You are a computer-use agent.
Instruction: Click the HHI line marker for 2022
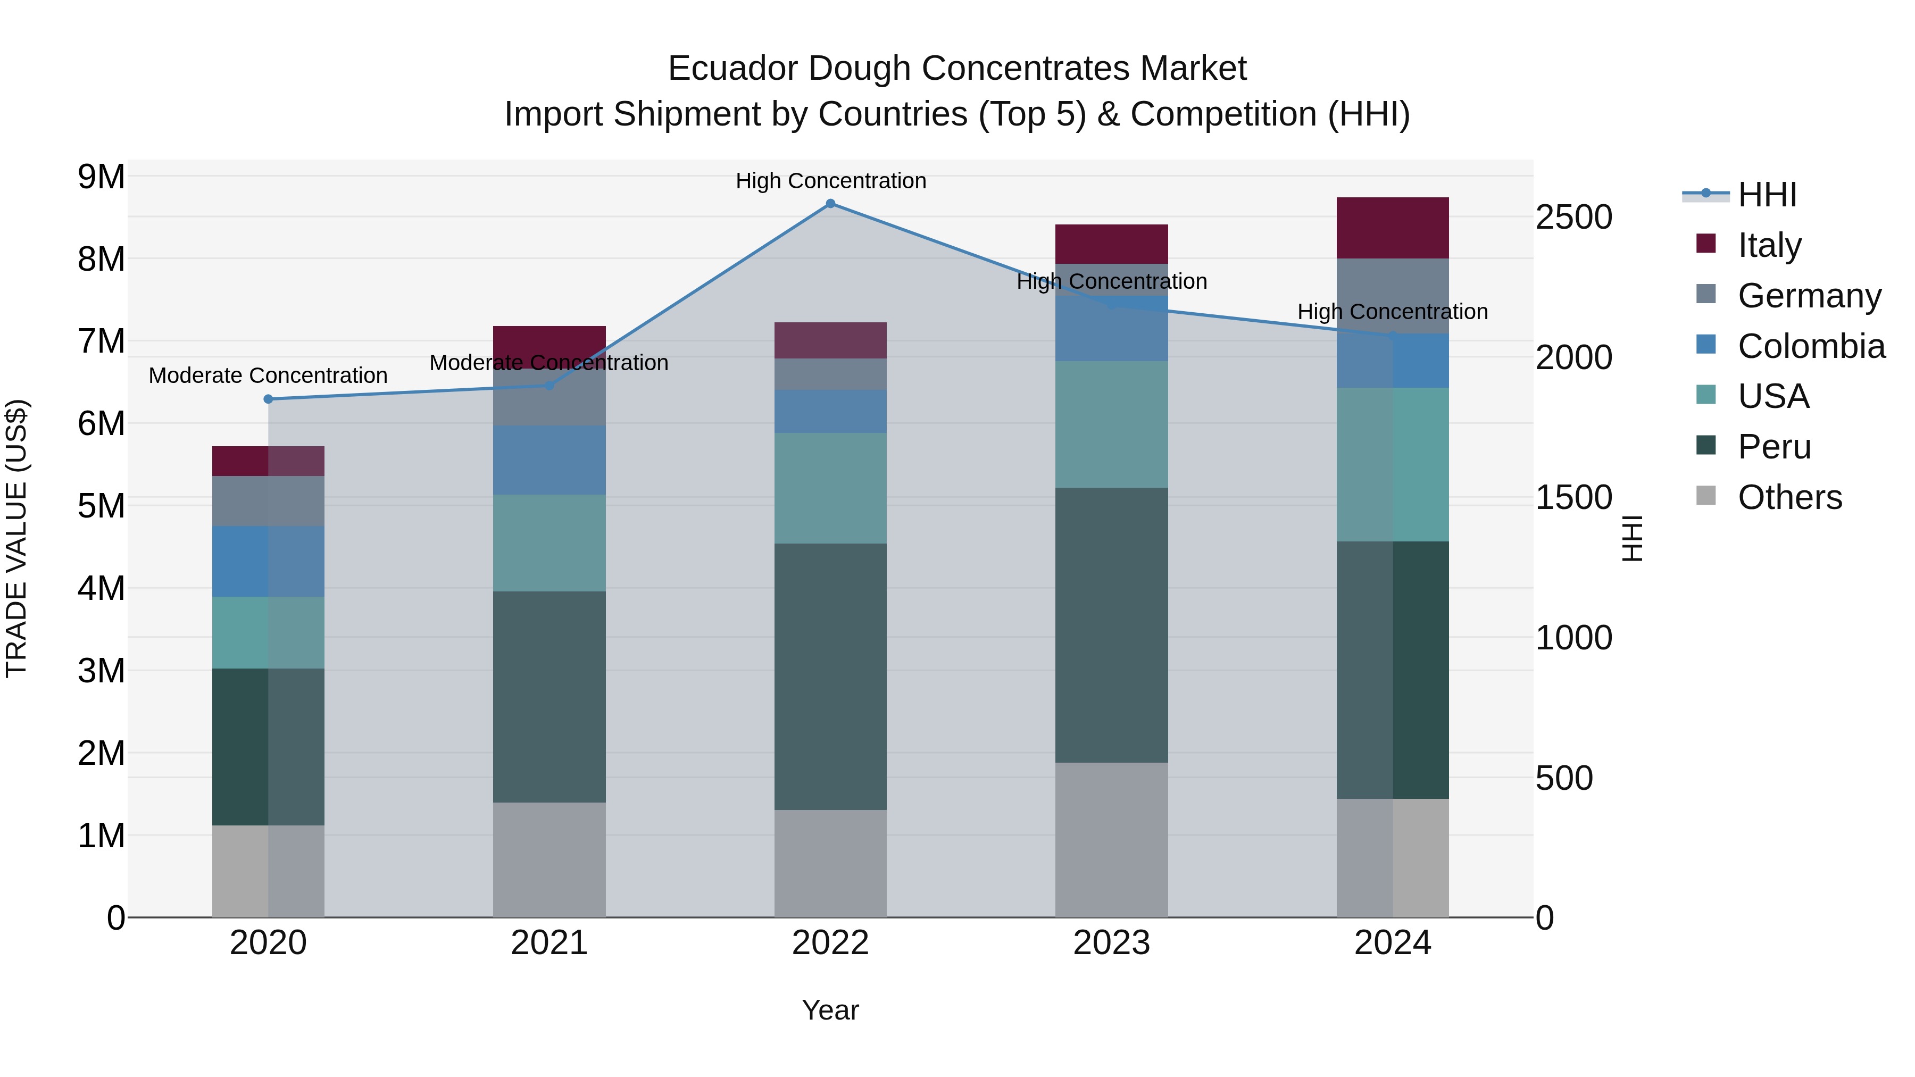click(830, 204)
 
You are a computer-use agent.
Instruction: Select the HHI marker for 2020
click(269, 399)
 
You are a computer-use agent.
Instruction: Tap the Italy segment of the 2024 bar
click(1393, 228)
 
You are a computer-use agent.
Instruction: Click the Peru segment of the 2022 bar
click(830, 677)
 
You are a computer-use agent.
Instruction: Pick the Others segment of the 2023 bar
click(1111, 840)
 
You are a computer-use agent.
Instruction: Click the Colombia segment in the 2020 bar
click(269, 561)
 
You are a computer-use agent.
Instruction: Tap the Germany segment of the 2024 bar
click(1393, 296)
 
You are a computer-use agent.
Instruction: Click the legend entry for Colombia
click(1810, 346)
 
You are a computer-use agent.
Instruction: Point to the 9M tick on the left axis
click(101, 177)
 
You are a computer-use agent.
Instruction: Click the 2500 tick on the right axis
click(1574, 218)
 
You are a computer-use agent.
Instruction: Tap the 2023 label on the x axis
click(1111, 943)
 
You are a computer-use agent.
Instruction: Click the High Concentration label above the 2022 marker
click(830, 181)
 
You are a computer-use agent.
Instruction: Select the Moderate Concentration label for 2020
click(269, 375)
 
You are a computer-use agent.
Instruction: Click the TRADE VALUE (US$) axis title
click(16, 538)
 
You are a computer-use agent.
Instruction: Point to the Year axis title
click(830, 1010)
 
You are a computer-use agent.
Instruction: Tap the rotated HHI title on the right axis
click(1633, 538)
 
